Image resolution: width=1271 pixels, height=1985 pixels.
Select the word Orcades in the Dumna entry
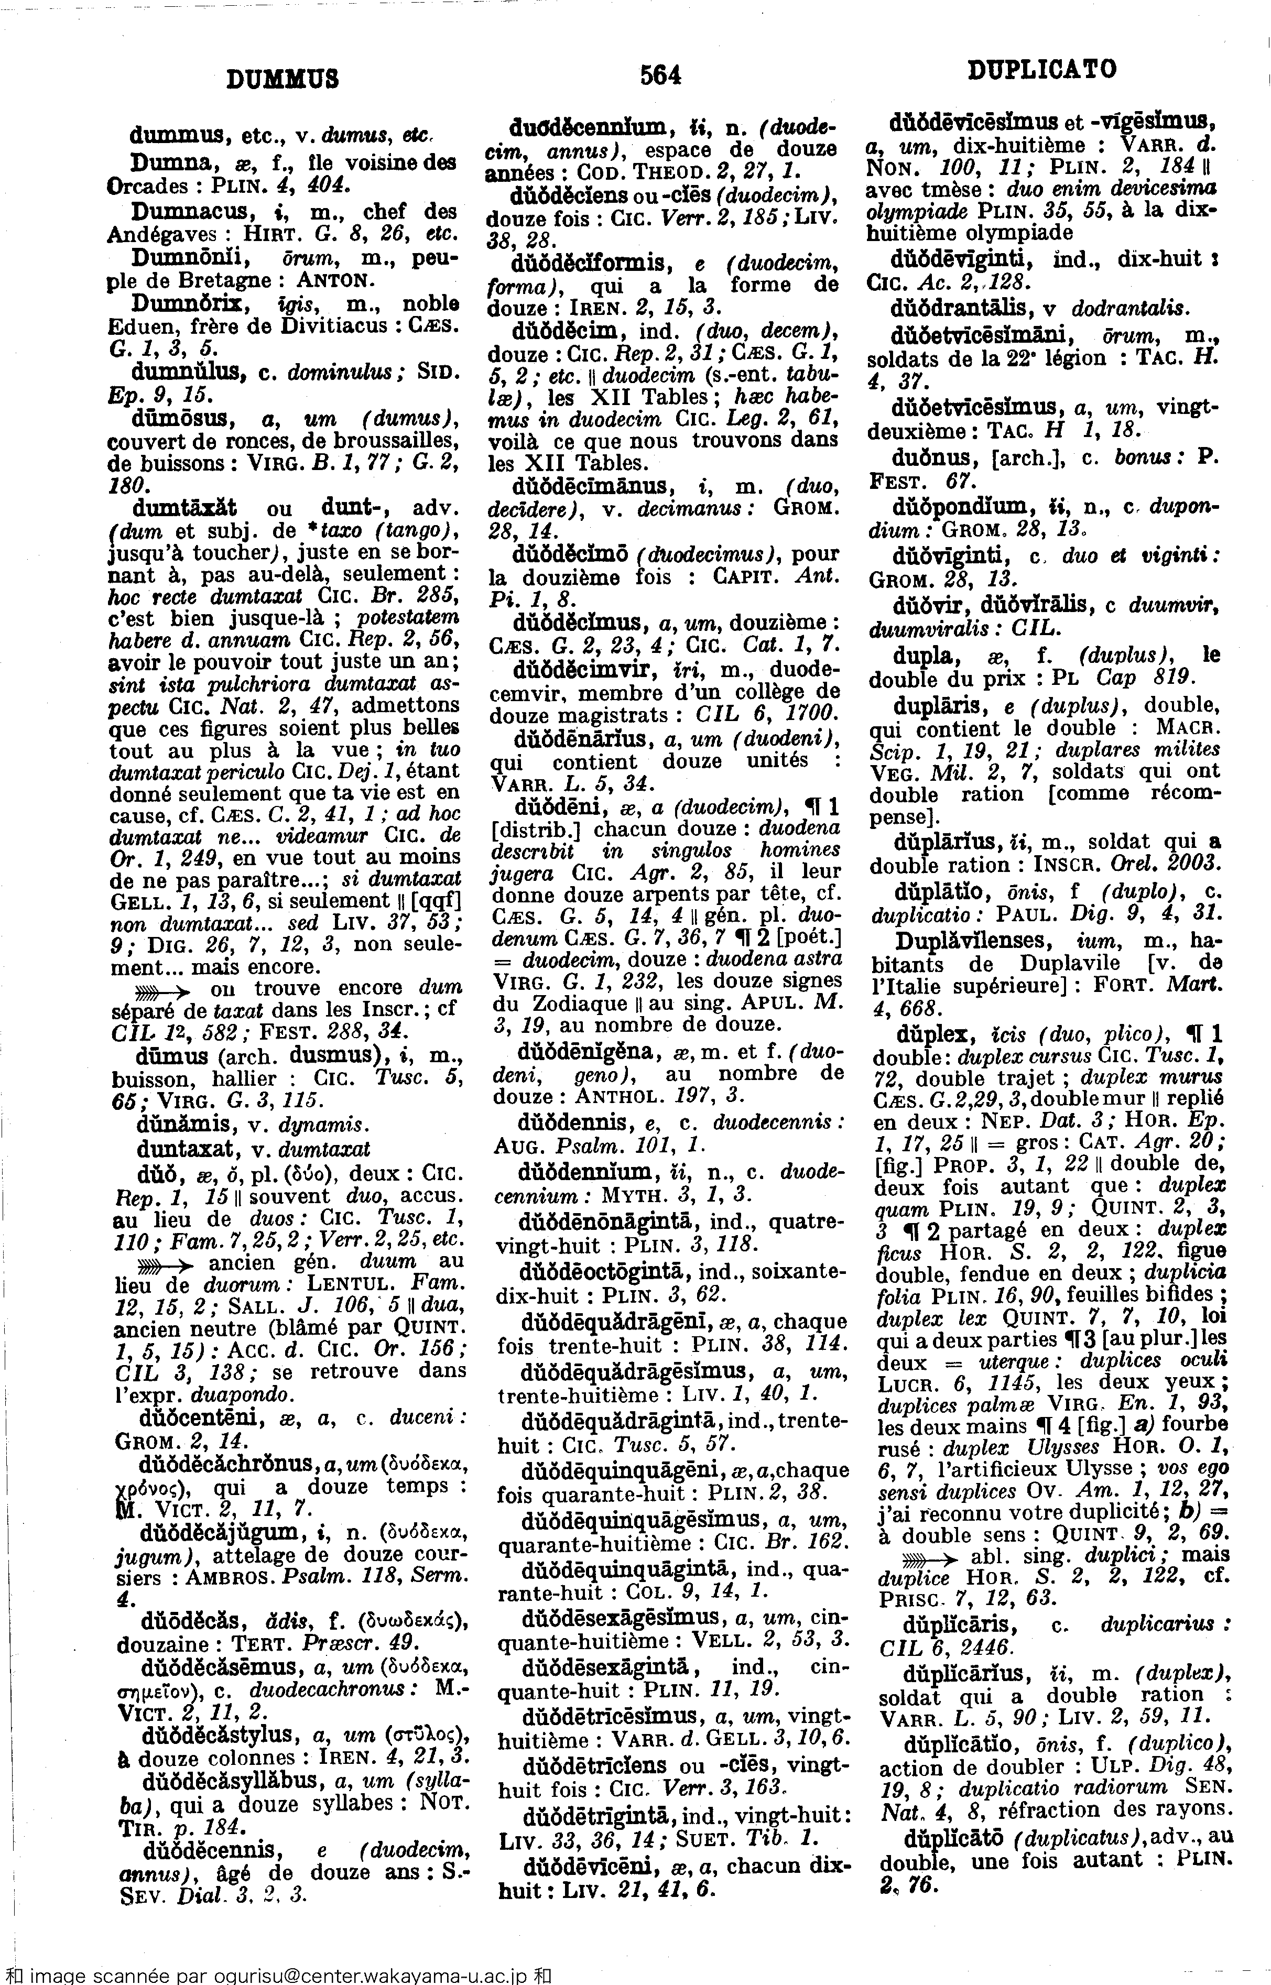coord(140,187)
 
